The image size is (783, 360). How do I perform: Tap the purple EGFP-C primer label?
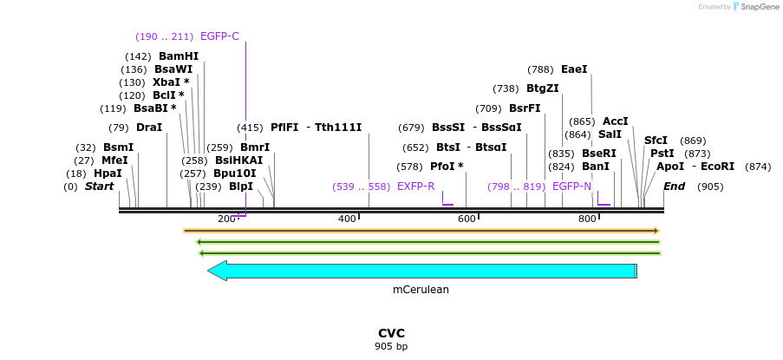coord(219,36)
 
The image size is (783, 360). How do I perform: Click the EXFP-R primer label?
coord(415,187)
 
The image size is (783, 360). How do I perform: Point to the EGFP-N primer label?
coord(571,187)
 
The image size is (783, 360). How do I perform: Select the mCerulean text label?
coord(421,290)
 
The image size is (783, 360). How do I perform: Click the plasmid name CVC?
coord(391,333)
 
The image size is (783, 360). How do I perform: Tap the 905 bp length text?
coord(391,347)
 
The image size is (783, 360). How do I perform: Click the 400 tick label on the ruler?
coord(347,219)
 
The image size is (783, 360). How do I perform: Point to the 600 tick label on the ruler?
coord(467,219)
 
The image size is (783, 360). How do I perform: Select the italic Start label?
coord(99,187)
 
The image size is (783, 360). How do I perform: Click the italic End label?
coord(674,187)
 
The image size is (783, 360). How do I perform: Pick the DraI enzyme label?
coord(148,128)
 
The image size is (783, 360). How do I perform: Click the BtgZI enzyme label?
coord(542,88)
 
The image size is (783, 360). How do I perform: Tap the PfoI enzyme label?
coord(447,167)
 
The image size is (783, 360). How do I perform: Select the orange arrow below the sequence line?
coord(421,231)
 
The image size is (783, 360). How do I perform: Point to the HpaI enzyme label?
coord(107,173)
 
